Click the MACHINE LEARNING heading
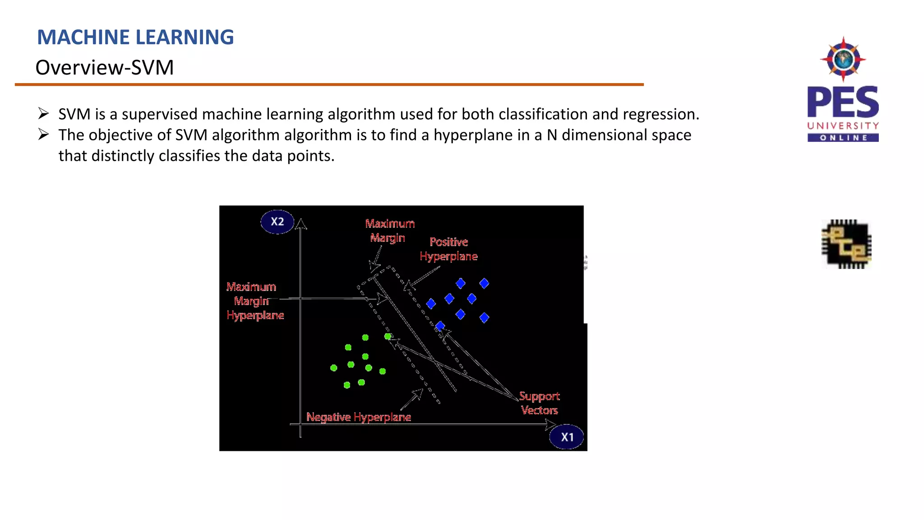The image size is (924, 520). click(135, 37)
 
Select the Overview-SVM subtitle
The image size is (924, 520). click(105, 68)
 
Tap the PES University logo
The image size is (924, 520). click(843, 90)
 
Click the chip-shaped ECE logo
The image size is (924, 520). click(846, 244)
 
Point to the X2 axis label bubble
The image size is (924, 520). click(277, 222)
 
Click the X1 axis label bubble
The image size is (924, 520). click(567, 437)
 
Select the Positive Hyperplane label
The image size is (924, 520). click(448, 249)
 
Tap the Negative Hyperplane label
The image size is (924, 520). click(359, 417)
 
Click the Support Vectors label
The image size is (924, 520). click(539, 403)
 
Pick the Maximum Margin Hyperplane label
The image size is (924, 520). click(255, 301)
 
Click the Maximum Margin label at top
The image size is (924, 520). click(390, 231)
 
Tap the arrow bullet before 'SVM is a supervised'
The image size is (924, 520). click(44, 113)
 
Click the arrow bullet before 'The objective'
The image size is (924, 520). click(44, 134)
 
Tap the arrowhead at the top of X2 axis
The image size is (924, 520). click(301, 223)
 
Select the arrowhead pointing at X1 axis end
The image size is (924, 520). click(551, 424)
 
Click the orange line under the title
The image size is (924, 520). click(329, 84)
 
